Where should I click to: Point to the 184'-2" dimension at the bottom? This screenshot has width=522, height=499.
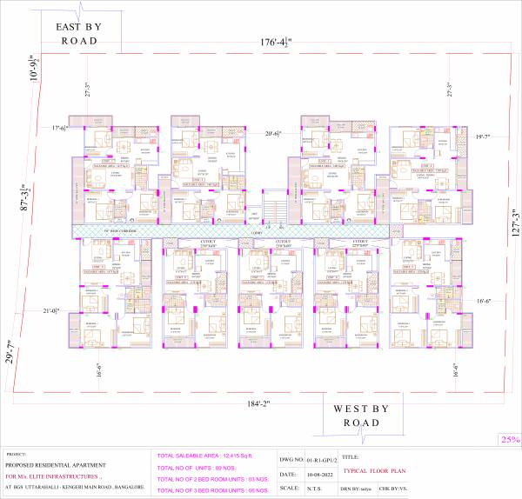[253, 403]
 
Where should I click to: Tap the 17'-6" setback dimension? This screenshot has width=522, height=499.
[59, 129]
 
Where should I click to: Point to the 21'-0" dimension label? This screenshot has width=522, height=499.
[50, 310]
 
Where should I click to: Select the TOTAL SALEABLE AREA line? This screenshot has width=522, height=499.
[204, 456]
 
